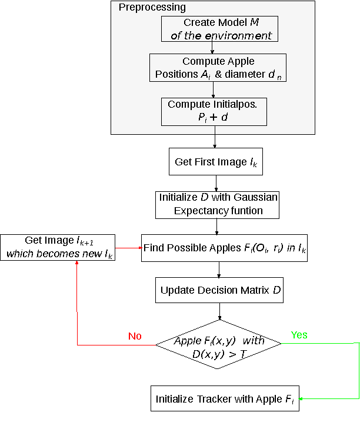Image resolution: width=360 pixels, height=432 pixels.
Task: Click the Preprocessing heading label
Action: [152, 8]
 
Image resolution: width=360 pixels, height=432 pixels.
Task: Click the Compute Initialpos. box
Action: [214, 111]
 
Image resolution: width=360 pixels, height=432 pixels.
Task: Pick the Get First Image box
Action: [216, 162]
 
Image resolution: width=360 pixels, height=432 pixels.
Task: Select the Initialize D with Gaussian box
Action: [218, 204]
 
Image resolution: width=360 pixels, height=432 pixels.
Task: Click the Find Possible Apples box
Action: [224, 248]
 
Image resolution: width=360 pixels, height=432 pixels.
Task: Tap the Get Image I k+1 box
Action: [57, 247]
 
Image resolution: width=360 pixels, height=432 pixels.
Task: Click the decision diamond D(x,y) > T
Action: [219, 345]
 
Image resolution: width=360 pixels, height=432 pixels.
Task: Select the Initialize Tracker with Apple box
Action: [225, 398]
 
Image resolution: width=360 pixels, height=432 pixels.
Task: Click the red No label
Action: [135, 336]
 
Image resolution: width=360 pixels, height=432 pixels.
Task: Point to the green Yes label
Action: [299, 335]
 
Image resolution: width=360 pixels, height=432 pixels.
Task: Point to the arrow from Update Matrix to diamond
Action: [219, 312]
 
